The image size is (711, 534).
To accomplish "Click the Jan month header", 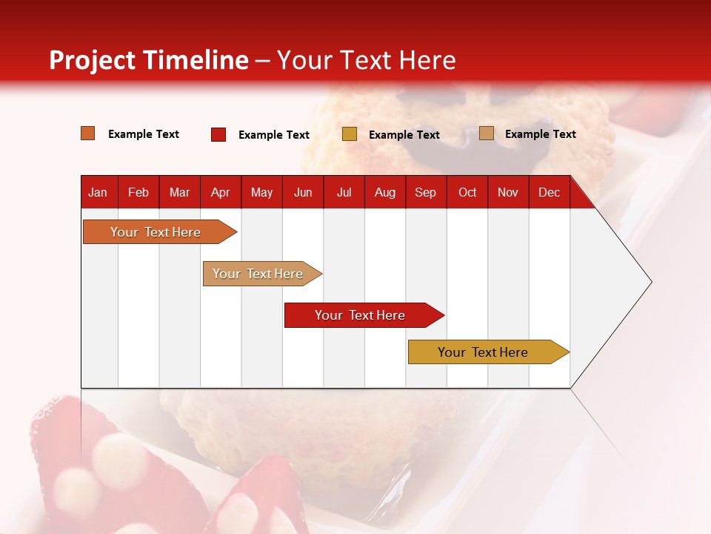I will tap(99, 192).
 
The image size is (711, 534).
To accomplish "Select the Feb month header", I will tap(138, 192).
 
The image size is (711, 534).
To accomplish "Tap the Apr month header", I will tap(221, 192).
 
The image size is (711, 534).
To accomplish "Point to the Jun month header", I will tap(303, 192).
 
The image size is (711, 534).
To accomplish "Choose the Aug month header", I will tap(385, 192).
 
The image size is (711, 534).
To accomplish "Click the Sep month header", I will tap(426, 192).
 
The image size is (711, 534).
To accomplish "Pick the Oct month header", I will tap(467, 192).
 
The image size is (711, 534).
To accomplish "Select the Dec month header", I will tap(550, 192).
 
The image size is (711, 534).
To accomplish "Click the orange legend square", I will tap(88, 133).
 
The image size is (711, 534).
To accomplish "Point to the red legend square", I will tap(218, 134).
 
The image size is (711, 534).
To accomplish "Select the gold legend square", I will tap(350, 134).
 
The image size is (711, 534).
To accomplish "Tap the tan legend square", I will tap(487, 133).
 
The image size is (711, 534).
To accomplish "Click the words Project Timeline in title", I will tap(149, 60).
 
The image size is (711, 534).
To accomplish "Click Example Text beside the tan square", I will tap(541, 133).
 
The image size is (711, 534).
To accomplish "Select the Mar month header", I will tap(180, 192).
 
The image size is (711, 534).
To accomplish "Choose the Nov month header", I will tap(508, 192).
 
